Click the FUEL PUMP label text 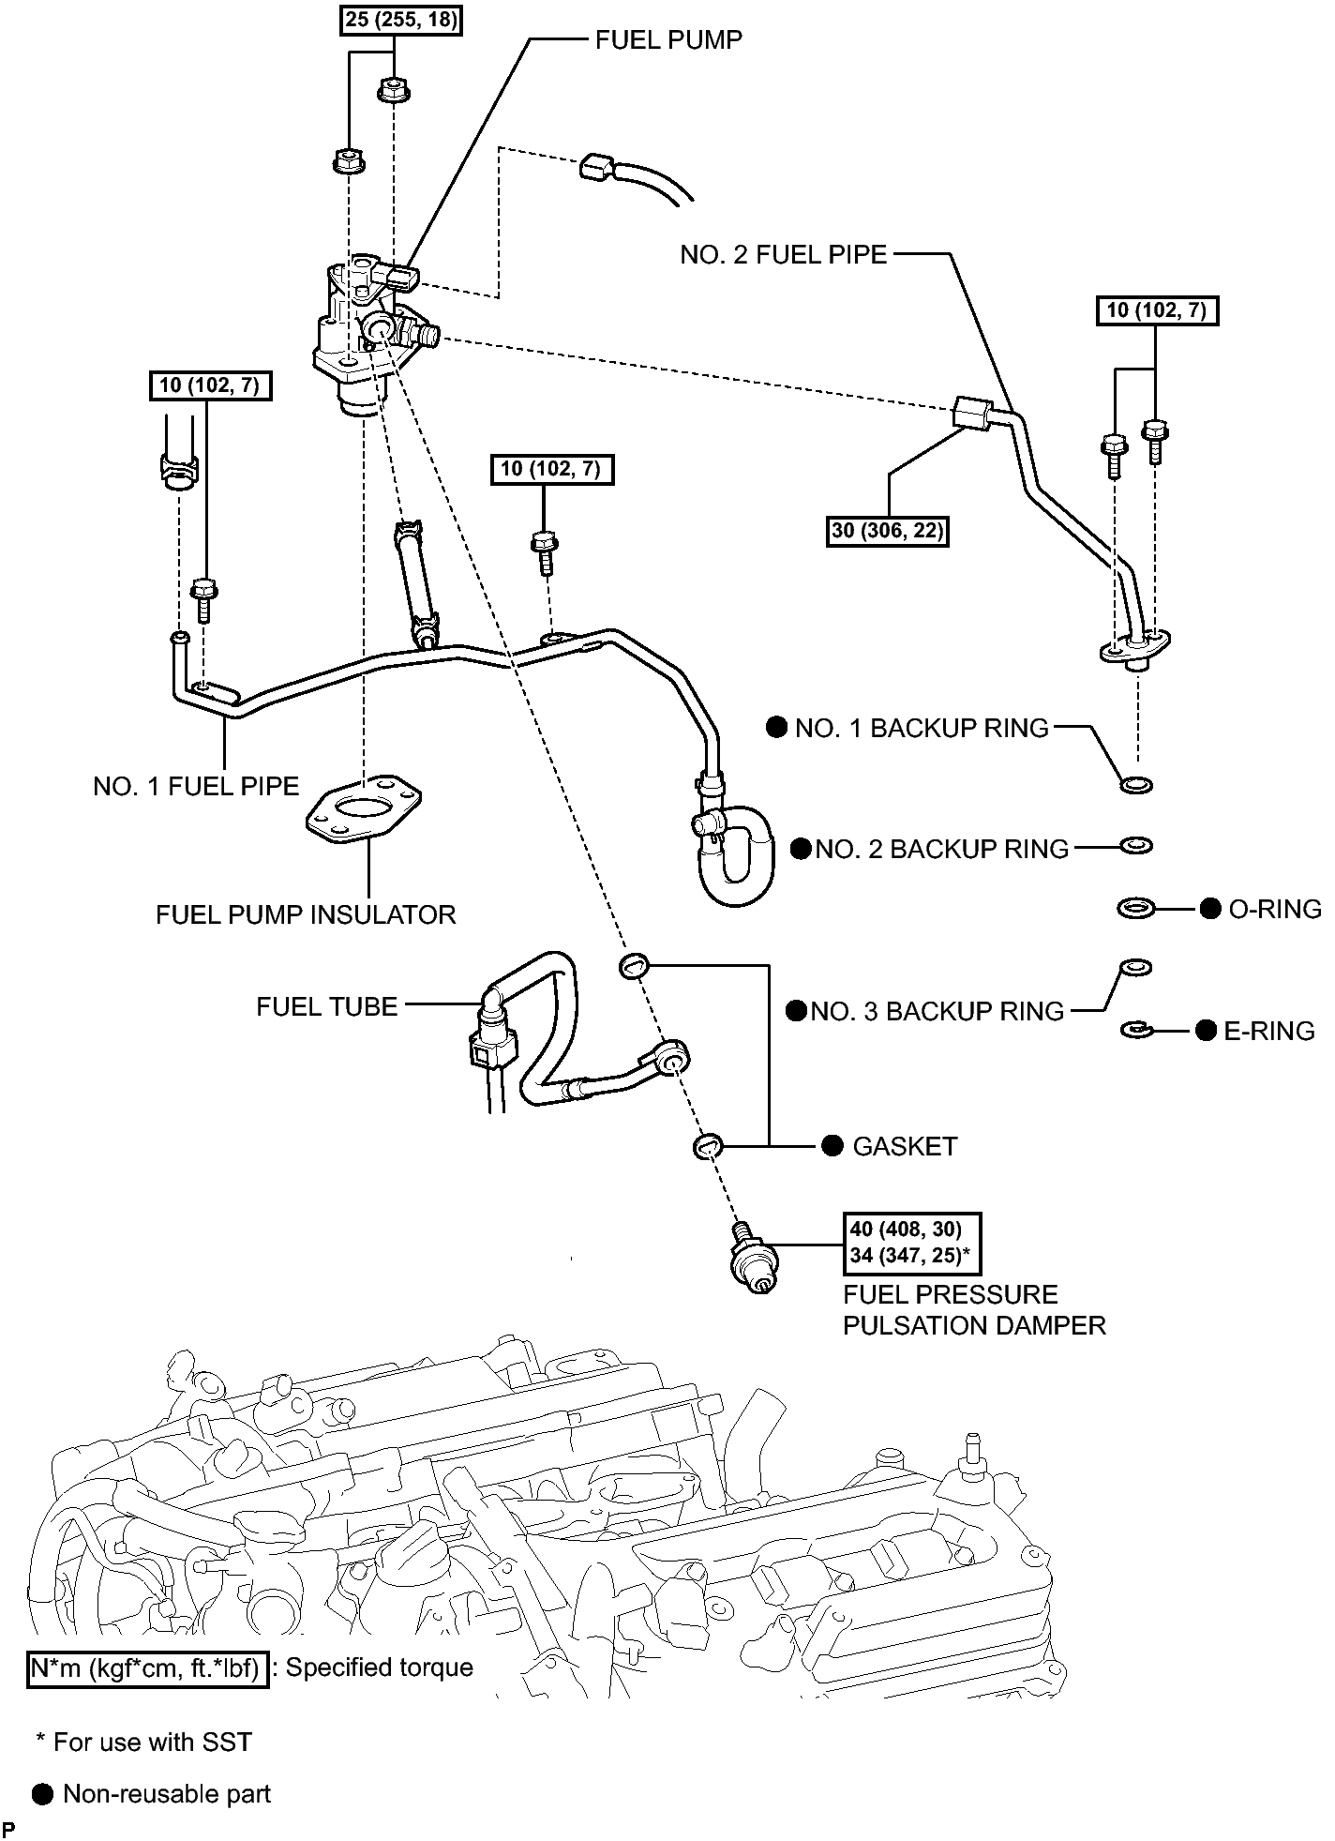click(x=668, y=40)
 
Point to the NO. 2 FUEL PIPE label click(x=783, y=254)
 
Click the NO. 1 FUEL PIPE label click(x=196, y=786)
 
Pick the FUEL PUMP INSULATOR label click(x=306, y=914)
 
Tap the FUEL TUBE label click(x=327, y=1006)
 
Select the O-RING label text click(x=1274, y=909)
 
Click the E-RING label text click(x=1269, y=1032)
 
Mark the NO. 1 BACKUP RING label click(x=922, y=729)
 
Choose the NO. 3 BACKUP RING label click(x=937, y=1011)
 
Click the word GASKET click(x=905, y=1146)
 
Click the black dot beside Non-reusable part click(x=42, y=1794)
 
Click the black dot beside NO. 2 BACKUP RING click(x=801, y=849)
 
